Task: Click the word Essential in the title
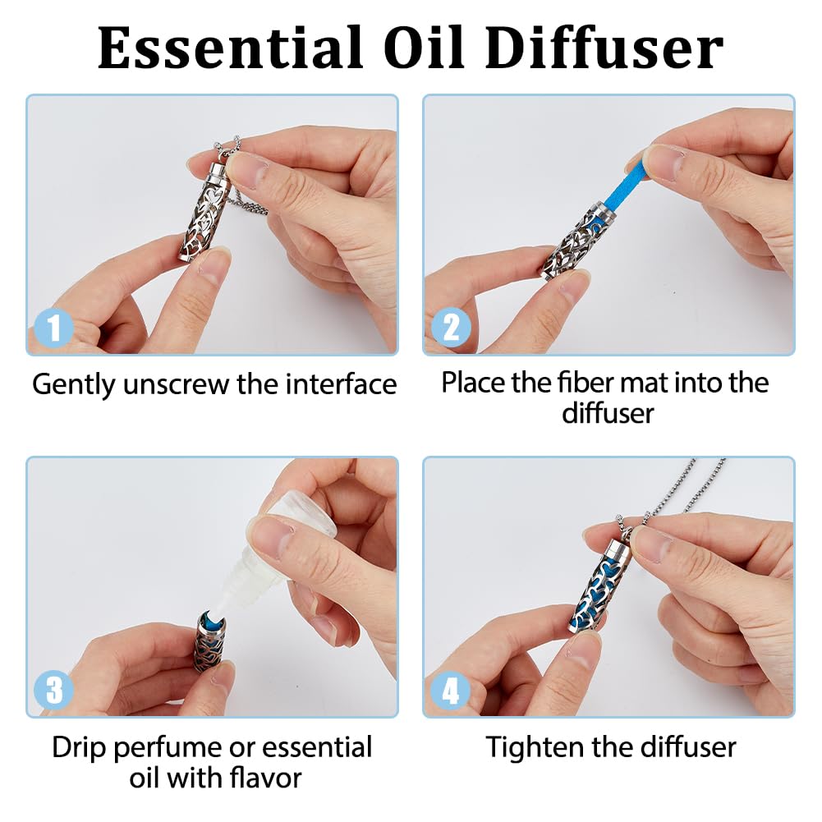pyautogui.click(x=230, y=48)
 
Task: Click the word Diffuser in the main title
pyautogui.click(x=605, y=48)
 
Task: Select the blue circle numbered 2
pyautogui.click(x=451, y=327)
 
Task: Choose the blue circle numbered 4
pyautogui.click(x=450, y=690)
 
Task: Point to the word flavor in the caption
pyautogui.click(x=265, y=777)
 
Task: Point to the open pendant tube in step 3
pyautogui.click(x=214, y=641)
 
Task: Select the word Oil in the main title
pyautogui.click(x=424, y=48)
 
